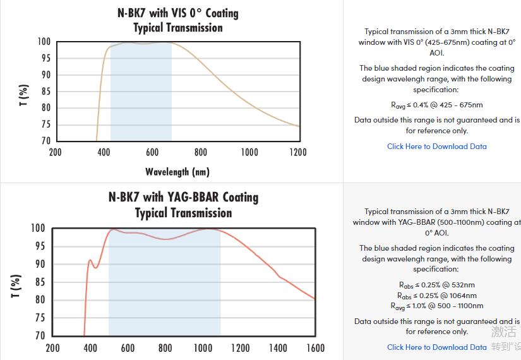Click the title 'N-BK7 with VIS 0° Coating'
pyautogui.click(x=177, y=13)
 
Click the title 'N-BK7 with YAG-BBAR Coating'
pyautogui.click(x=183, y=197)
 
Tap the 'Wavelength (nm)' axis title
pyautogui.click(x=177, y=172)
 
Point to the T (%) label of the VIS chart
pyautogui.click(x=23, y=95)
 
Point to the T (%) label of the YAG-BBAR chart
pyautogui.click(x=16, y=285)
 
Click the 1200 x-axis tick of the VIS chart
pyautogui.click(x=297, y=152)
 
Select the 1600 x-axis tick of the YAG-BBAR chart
pyautogui.click(x=315, y=348)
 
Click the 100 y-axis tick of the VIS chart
pyautogui.click(x=44, y=42)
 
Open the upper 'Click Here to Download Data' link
pyautogui.click(x=436, y=147)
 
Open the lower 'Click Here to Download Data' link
pyautogui.click(x=436, y=347)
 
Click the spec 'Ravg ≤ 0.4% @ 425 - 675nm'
pyautogui.click(x=436, y=105)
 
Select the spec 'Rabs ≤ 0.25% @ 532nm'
pyautogui.click(x=436, y=285)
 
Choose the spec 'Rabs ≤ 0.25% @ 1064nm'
pyautogui.click(x=436, y=296)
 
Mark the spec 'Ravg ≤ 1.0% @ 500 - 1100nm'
pyautogui.click(x=436, y=306)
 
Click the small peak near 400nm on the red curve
pyautogui.click(x=90, y=260)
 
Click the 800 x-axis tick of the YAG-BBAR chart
pyautogui.click(x=165, y=348)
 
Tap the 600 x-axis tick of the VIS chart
pyautogui.click(x=152, y=152)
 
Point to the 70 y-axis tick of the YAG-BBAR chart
pyautogui.click(x=39, y=336)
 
